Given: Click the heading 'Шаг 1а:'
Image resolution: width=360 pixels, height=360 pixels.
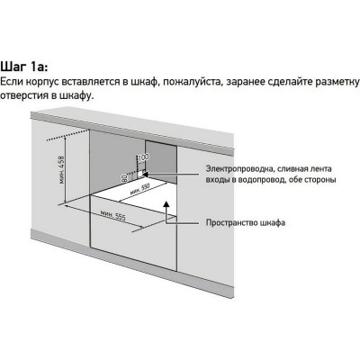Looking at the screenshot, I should [26, 66].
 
